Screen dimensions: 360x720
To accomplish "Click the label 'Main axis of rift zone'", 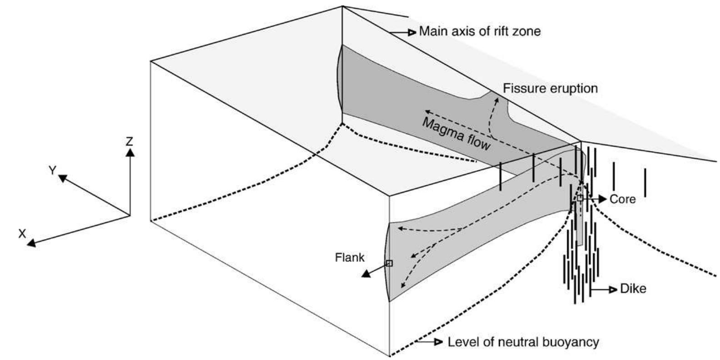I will coord(480,31).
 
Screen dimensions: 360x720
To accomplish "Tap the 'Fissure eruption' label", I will coord(550,88).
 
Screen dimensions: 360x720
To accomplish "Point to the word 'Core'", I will coord(623,199).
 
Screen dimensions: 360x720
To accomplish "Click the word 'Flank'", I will coord(350,257).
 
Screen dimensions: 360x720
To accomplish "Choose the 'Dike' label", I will coord(633,289).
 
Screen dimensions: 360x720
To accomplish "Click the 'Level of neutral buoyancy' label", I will coord(523,342).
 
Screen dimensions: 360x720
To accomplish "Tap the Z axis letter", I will coord(130,141).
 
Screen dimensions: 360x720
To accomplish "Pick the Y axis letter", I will coord(53,170).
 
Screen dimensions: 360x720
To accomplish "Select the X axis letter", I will coord(22,233).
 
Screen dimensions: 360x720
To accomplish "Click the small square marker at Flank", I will coord(389,263).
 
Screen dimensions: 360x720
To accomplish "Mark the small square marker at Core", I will coord(580,198).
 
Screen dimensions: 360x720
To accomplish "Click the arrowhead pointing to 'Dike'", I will coord(614,289).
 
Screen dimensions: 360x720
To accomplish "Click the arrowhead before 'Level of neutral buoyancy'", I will coord(438,342).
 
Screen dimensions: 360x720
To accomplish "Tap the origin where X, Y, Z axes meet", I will coord(130,215).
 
